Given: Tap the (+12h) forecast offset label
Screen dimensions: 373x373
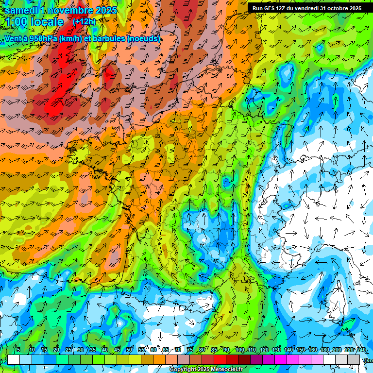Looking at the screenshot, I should (x=84, y=22).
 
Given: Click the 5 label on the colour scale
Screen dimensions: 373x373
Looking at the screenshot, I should (x=18, y=350).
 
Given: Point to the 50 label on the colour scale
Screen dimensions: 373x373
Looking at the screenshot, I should (x=129, y=350).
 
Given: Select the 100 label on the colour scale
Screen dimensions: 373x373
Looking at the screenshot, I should (x=239, y=350).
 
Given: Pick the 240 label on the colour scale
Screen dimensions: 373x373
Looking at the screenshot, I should (x=361, y=350).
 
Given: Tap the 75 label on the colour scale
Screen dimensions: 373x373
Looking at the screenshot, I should (x=190, y=350).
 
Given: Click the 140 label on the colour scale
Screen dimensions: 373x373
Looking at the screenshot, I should (x=288, y=350).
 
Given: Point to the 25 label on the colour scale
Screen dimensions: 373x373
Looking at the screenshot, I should (x=68, y=350).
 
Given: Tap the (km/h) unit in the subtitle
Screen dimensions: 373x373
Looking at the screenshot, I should (x=68, y=38).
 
